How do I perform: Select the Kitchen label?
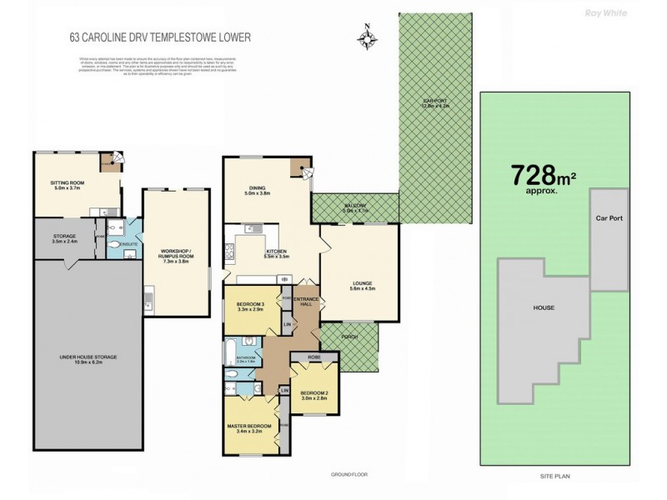[277, 252]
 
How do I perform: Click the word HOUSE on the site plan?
[544, 307]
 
